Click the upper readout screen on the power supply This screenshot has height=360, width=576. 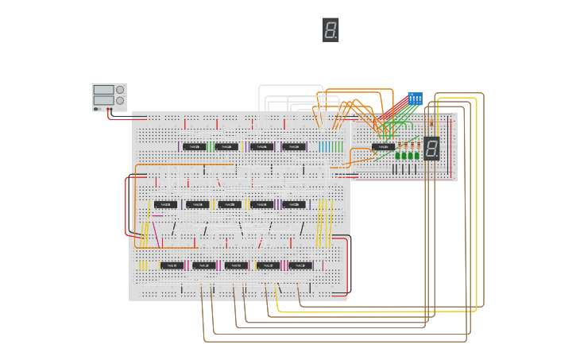coord(103,90)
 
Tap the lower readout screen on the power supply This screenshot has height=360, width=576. coord(103,100)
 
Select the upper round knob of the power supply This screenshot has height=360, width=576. coord(120,90)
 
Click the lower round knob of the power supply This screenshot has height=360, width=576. coord(120,101)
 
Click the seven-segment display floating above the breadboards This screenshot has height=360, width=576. coord(331,30)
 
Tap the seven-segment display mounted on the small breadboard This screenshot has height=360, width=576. coord(431,148)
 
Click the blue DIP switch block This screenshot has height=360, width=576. coord(415,99)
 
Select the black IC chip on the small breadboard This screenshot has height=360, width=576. coord(383,147)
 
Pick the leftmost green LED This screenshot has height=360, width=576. coord(398,155)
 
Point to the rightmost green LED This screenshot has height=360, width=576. coord(417,155)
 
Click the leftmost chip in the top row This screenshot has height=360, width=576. coord(194,146)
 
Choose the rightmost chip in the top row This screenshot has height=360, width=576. coord(293,146)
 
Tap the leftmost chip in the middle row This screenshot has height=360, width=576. coord(165,204)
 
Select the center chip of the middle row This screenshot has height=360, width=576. coord(230,204)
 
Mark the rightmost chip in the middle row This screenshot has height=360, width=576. coord(293,204)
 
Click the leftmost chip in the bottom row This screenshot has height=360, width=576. coord(172,265)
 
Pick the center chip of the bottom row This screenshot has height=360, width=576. coord(236,265)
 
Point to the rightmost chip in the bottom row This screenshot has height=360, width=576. coord(300,265)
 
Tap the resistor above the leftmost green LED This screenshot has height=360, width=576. coord(400,145)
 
